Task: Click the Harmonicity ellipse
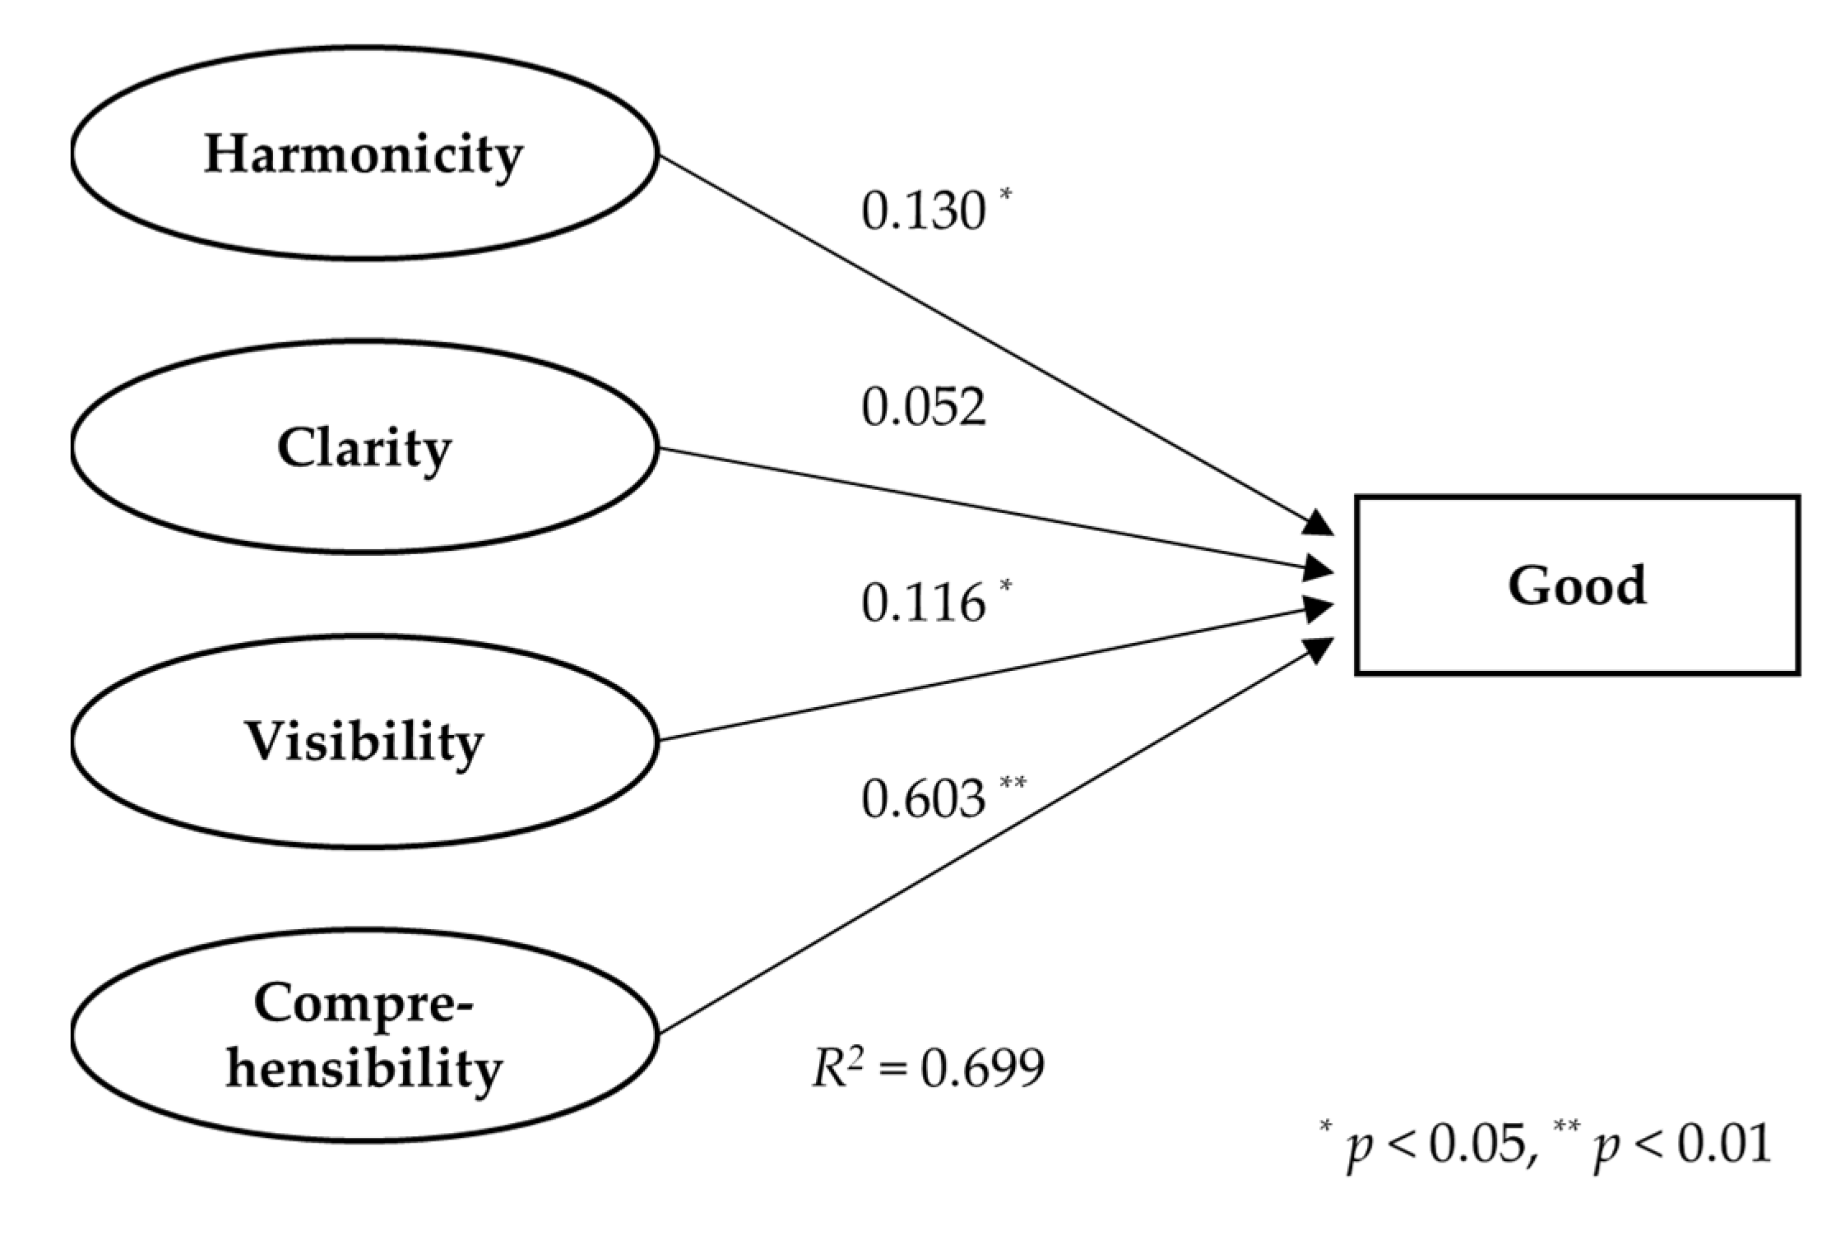point(364,153)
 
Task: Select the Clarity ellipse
point(364,447)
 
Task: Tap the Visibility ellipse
point(364,741)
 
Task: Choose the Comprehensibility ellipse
point(364,1035)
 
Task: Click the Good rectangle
point(1577,585)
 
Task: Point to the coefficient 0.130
point(923,211)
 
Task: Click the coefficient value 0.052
point(923,407)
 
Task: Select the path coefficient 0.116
point(923,603)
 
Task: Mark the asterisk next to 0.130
point(1005,195)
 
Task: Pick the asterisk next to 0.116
point(1005,586)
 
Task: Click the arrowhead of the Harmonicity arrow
point(1319,524)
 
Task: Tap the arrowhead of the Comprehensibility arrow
point(1319,649)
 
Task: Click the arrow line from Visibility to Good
point(987,675)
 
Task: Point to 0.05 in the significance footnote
point(1477,1144)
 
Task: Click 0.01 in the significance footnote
point(1724,1144)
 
